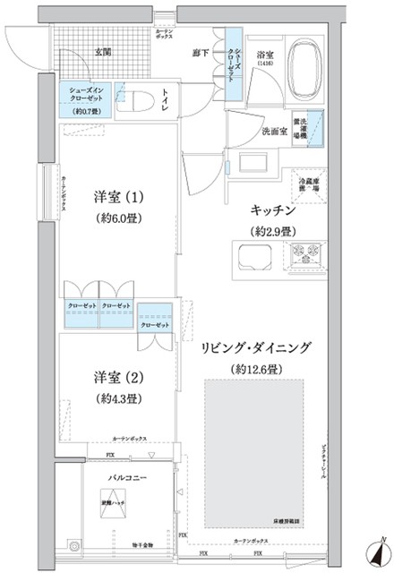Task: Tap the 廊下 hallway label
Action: click(x=201, y=53)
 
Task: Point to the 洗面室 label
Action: click(x=274, y=132)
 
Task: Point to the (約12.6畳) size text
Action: click(x=255, y=368)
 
